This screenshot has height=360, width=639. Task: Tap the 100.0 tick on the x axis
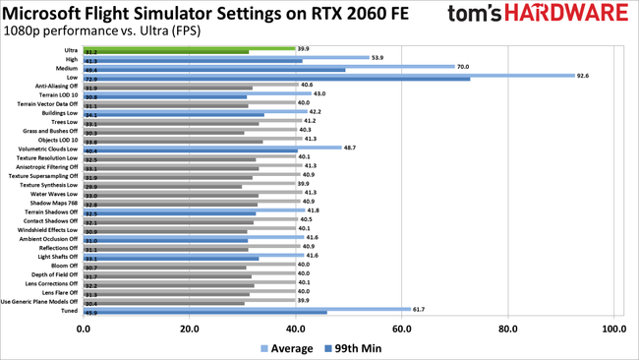click(x=613, y=329)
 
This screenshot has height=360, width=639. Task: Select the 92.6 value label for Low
click(x=588, y=75)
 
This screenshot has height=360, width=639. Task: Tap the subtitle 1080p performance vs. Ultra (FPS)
click(x=102, y=30)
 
